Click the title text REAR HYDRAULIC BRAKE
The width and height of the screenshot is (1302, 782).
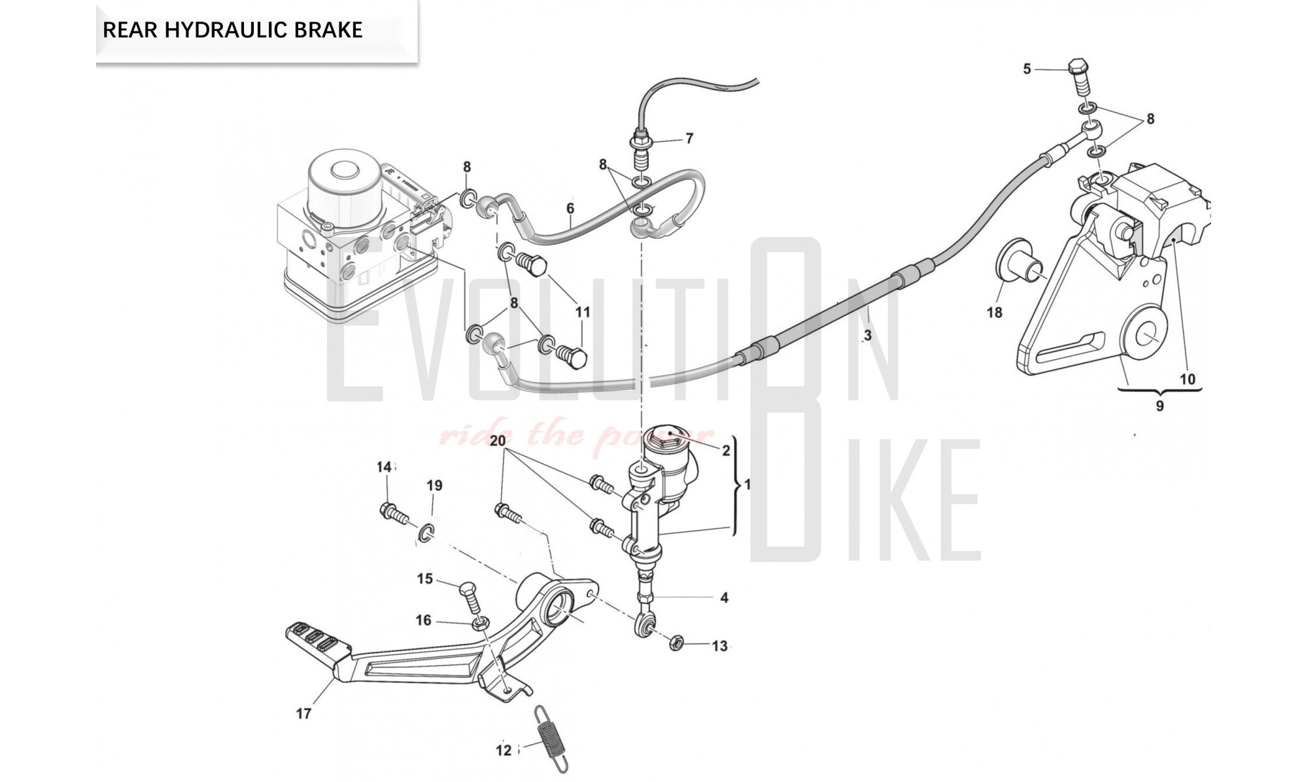click(x=232, y=30)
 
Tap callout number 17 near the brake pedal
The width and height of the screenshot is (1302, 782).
click(x=303, y=713)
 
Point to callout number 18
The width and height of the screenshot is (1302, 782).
click(x=994, y=312)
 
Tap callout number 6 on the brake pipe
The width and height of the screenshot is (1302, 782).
click(x=570, y=208)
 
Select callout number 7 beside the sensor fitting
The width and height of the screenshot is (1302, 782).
click(x=689, y=138)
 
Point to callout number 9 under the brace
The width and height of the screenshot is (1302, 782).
click(x=1159, y=406)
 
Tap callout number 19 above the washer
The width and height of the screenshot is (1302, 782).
click(x=434, y=486)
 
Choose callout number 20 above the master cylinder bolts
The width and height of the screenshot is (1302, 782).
click(x=498, y=440)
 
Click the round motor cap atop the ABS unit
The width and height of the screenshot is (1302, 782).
click(x=342, y=171)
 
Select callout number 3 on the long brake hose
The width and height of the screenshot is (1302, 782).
click(x=867, y=336)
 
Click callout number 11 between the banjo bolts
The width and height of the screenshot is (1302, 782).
click(x=582, y=312)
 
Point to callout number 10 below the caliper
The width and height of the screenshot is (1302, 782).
click(x=1187, y=379)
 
